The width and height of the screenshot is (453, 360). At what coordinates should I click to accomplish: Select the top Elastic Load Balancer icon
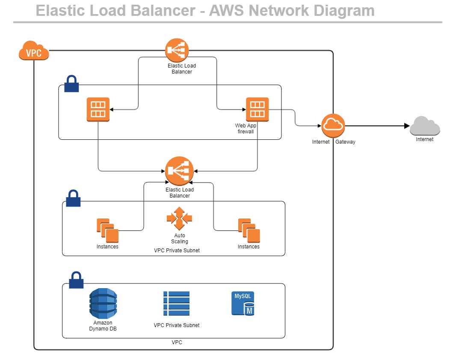point(177,50)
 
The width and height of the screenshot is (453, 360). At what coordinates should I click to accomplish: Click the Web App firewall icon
point(257,109)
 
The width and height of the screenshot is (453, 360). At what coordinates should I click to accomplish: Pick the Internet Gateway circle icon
point(333,126)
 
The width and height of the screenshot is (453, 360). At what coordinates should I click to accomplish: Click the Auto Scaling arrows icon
point(179,219)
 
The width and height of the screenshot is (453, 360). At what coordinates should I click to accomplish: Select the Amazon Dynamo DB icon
point(103,303)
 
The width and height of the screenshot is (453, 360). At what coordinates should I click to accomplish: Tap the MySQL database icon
point(243,304)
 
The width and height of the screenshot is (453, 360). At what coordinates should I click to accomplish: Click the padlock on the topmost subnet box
point(71,84)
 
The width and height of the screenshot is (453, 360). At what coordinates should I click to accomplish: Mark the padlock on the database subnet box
point(76,280)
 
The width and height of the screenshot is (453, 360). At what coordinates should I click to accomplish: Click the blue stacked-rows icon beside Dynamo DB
point(176,304)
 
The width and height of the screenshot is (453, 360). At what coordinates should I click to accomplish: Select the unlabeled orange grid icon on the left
point(98,109)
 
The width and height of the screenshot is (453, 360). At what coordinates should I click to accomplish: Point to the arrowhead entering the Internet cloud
point(406,126)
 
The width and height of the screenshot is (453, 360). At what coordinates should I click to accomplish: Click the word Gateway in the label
point(345,142)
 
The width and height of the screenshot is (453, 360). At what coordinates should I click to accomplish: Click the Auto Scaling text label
point(180,239)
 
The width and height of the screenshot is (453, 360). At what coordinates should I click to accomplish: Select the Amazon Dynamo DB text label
point(103,326)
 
